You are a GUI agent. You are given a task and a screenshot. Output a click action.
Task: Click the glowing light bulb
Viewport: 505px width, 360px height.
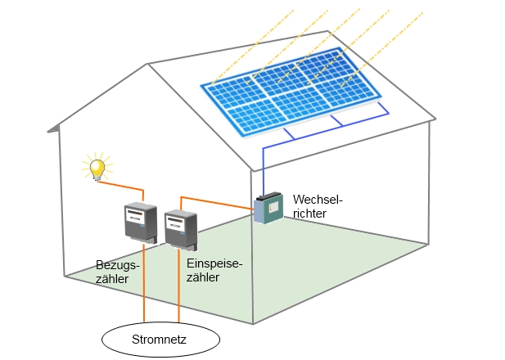pyautogui.click(x=97, y=168)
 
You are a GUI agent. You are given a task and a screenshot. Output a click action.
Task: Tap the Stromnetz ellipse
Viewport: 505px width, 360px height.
pyautogui.click(x=160, y=338)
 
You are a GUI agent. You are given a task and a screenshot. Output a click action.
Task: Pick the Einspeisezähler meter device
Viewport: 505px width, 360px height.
pyautogui.click(x=181, y=230)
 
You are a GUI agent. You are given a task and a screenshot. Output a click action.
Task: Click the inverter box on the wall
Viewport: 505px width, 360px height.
pyautogui.click(x=268, y=209)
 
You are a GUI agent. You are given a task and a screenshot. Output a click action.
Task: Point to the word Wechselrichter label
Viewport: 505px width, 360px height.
pyautogui.click(x=310, y=205)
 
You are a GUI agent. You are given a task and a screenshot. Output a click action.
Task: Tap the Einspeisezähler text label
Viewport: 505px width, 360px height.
pyautogui.click(x=214, y=270)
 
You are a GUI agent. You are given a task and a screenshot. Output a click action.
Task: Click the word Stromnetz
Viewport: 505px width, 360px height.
pyautogui.click(x=160, y=339)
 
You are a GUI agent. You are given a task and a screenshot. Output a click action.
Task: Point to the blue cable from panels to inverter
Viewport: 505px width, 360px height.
pyautogui.click(x=264, y=168)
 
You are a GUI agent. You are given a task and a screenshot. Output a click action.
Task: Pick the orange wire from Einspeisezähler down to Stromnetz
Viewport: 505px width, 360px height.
pyautogui.click(x=179, y=286)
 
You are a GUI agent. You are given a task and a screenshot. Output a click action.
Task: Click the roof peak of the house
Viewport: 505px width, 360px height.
pyautogui.click(x=329, y=32)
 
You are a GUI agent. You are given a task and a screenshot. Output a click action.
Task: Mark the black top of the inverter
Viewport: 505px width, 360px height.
pyautogui.click(x=268, y=197)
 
